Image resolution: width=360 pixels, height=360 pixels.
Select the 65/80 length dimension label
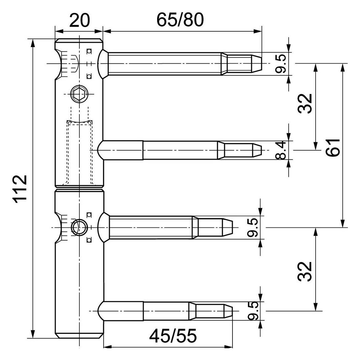tap(180, 20)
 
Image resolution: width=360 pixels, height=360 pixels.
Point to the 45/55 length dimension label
tap(173, 335)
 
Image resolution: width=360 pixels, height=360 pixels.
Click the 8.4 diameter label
tap(281, 150)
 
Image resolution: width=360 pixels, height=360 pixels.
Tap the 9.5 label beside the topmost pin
tap(281, 64)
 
